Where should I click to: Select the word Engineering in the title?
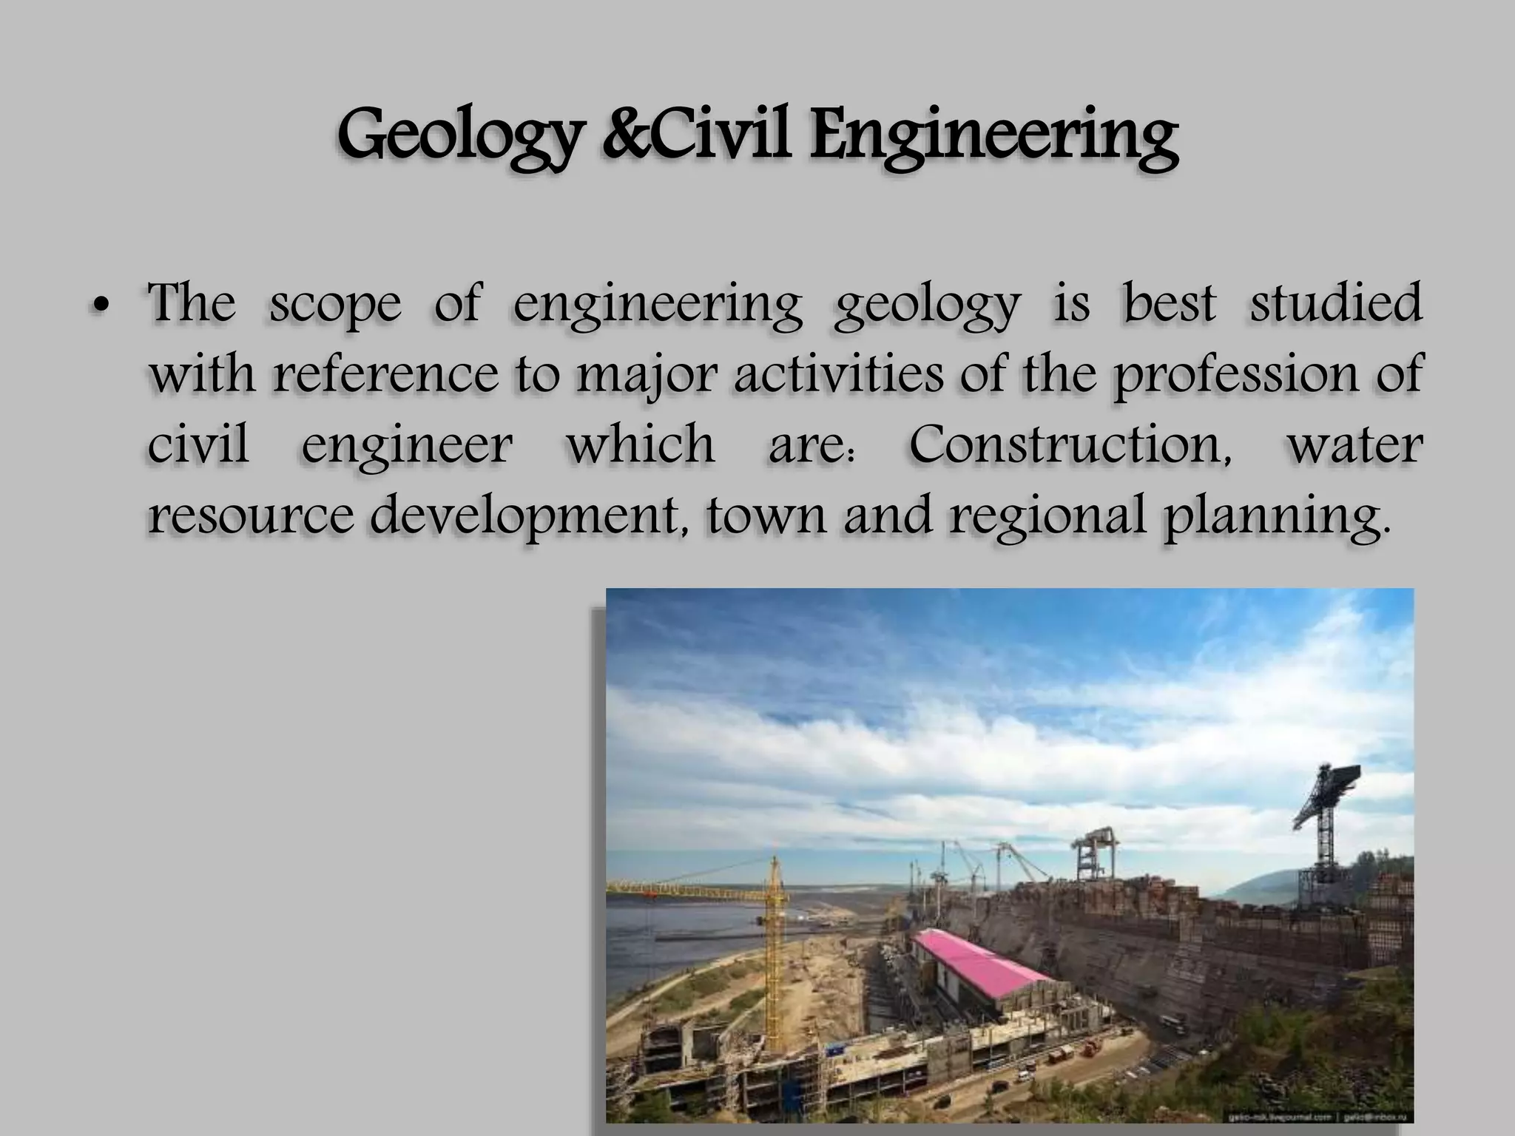992,137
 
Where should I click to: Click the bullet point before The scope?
102,305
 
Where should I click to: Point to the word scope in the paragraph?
334,305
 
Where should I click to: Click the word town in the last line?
765,515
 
